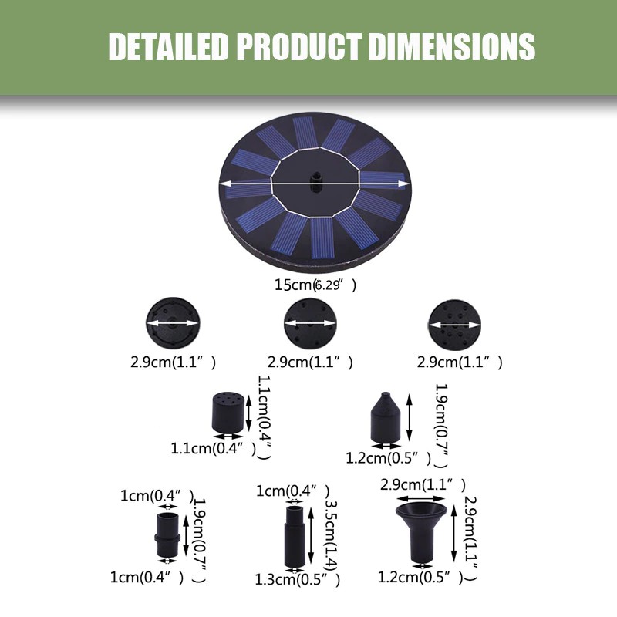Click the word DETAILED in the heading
[169, 47]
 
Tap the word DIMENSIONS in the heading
[452, 47]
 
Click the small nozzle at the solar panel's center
[315, 181]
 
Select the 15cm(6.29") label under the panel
[315, 285]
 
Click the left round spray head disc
[173, 323]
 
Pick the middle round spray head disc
[310, 323]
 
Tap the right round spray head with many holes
[454, 325]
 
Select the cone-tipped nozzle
[385, 417]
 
